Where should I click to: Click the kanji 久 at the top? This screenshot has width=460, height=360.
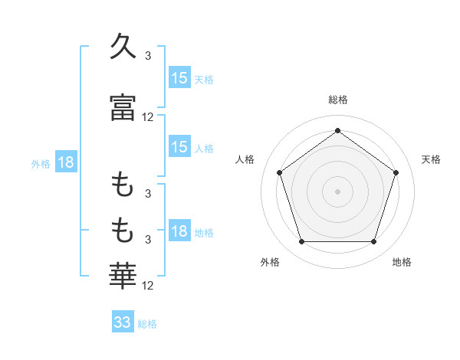tap(123, 47)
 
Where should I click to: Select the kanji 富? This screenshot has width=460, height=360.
tap(123, 106)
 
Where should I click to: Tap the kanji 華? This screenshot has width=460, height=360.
tap(123, 273)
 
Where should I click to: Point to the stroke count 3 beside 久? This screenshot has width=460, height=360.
tap(148, 56)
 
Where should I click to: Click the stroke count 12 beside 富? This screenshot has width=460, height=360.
tap(148, 116)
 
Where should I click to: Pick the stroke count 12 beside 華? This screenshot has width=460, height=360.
tap(148, 286)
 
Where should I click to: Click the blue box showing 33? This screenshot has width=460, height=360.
tap(123, 322)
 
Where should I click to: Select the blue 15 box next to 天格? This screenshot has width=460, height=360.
tap(179, 78)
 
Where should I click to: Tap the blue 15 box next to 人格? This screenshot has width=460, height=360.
tap(179, 147)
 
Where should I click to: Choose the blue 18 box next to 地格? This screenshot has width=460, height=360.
tap(179, 232)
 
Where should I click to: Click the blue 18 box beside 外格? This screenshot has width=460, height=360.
tap(65, 162)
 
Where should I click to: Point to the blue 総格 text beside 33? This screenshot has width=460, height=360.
tap(147, 324)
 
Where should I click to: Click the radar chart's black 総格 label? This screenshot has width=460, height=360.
tap(338, 100)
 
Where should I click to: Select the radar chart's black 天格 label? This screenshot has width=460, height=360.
tap(431, 159)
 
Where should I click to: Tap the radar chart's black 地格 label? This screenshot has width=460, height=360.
tap(402, 262)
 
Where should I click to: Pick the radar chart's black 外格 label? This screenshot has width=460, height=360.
tap(270, 262)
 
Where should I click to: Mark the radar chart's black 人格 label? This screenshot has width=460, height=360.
tap(245, 159)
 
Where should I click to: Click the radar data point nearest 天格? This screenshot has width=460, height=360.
tap(396, 172)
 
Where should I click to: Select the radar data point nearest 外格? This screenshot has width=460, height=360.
tap(301, 242)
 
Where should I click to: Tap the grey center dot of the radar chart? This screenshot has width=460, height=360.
tap(337, 191)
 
